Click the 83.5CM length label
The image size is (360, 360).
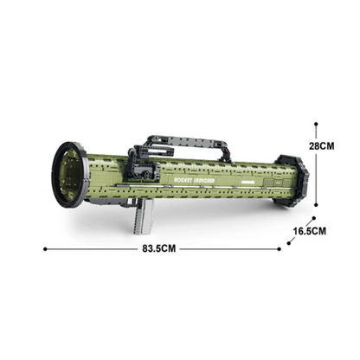(162, 249)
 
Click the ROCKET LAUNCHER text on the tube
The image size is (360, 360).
(193, 170)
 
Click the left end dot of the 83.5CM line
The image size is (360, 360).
(44, 249)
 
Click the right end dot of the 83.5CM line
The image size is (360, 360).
(280, 249)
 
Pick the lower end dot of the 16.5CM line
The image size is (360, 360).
(290, 243)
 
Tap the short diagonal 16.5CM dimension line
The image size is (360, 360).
(301, 232)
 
